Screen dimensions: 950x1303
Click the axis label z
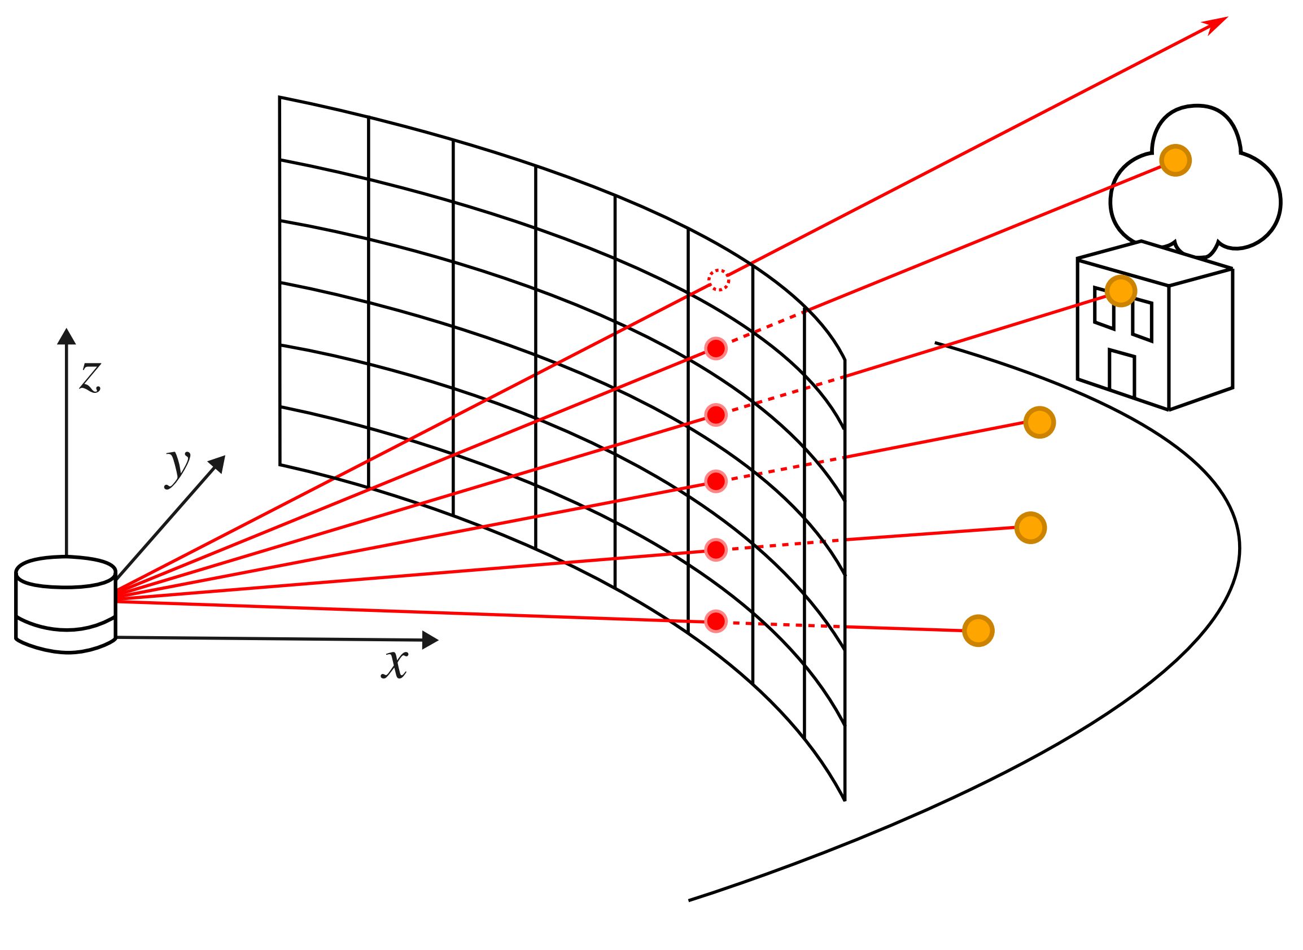[90, 377]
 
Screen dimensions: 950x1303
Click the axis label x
[395, 665]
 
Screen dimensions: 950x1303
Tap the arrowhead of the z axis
[67, 336]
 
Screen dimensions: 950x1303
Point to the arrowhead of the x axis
[430, 640]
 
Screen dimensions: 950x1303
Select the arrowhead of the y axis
[217, 463]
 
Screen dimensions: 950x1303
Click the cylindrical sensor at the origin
[66, 604]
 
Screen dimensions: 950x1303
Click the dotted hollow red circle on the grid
[719, 280]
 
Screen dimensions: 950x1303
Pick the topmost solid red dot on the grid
[716, 348]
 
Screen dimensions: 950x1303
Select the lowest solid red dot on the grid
[716, 621]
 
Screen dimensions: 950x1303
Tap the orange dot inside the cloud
[1175, 160]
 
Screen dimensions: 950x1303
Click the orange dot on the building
[1121, 291]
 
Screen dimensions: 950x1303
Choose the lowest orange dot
[978, 631]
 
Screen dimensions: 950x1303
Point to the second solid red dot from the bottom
[716, 550]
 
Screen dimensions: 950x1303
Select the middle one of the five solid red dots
[716, 480]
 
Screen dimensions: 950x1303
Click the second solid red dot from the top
[716, 414]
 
